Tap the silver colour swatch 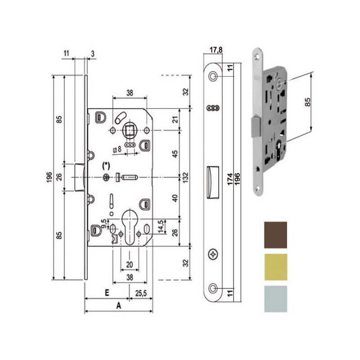275,298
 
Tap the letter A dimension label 119,306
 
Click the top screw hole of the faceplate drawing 213,76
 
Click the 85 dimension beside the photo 308,103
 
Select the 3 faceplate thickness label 92,53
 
